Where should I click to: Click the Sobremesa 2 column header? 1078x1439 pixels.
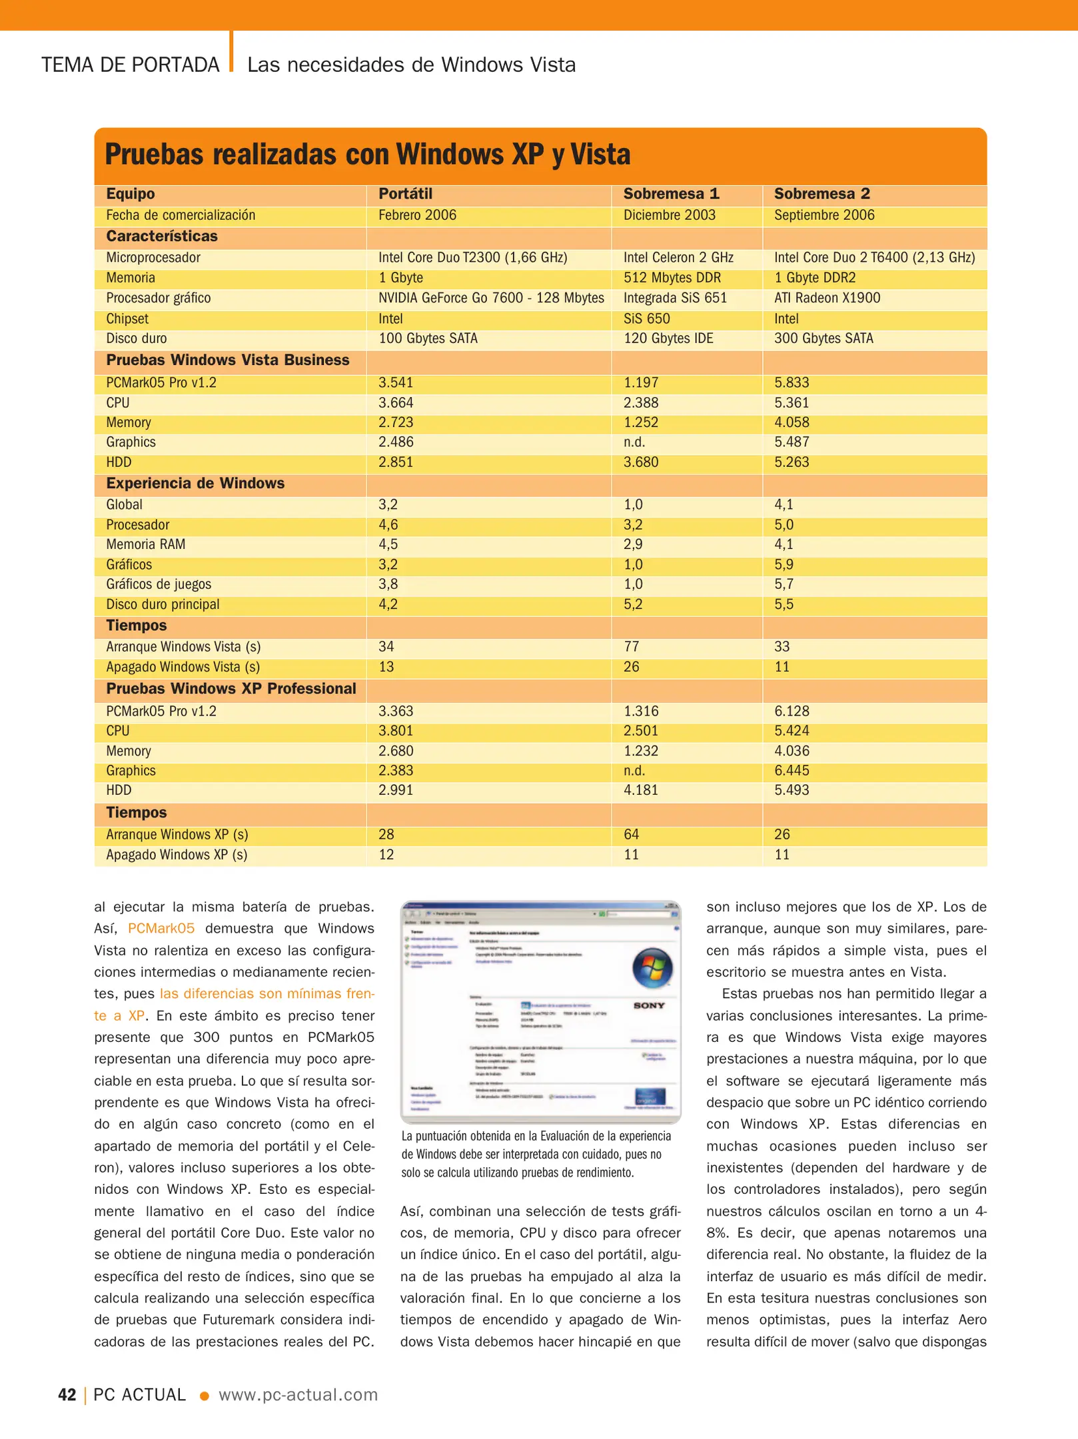pos(821,194)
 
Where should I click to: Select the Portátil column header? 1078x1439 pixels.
pos(405,194)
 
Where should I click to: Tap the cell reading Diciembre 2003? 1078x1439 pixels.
pos(669,215)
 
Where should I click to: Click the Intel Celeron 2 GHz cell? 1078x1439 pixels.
pos(678,258)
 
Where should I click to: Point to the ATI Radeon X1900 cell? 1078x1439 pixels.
pos(827,298)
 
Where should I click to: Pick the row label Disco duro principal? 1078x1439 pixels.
pos(163,604)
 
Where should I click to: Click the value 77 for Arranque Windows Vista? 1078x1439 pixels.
pos(631,647)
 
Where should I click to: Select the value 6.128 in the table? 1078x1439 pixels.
pos(792,711)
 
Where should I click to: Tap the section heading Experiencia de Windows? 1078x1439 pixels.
pos(195,484)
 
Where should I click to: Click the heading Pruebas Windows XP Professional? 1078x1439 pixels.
pos(231,689)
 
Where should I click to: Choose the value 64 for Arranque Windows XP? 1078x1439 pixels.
pos(631,835)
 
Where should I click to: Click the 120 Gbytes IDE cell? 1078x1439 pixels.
pos(668,338)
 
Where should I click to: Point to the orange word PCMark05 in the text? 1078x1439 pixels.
pos(161,929)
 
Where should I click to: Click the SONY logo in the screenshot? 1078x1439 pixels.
pos(649,1005)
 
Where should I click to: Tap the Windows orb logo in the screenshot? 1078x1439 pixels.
pos(652,968)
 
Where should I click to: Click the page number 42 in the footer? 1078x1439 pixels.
pos(67,1394)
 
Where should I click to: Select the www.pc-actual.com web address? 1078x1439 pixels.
pos(298,1394)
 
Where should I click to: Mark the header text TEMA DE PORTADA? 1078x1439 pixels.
pos(131,65)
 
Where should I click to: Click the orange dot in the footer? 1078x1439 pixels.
pos(205,1396)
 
